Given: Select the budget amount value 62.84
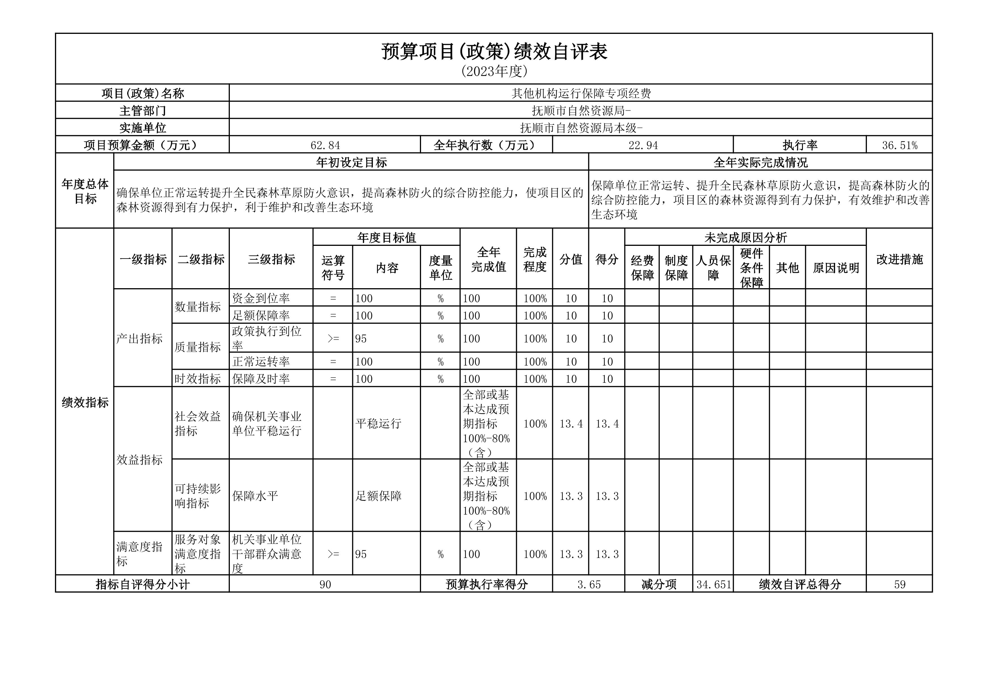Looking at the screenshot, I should (x=325, y=145).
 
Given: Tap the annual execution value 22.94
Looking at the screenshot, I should (x=643, y=145).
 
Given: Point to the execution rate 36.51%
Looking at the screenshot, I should (x=899, y=145).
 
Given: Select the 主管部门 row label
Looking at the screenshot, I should (x=143, y=111).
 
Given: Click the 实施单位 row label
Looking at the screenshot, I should (x=143, y=128).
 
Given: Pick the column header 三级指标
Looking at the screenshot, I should (x=271, y=259).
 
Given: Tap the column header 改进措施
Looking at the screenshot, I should (x=899, y=259).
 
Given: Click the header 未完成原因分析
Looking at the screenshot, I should (x=745, y=237).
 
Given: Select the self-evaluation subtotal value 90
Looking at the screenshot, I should (x=325, y=585).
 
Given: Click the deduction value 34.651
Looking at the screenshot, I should (x=713, y=585).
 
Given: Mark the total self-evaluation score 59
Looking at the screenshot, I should (x=899, y=585).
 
